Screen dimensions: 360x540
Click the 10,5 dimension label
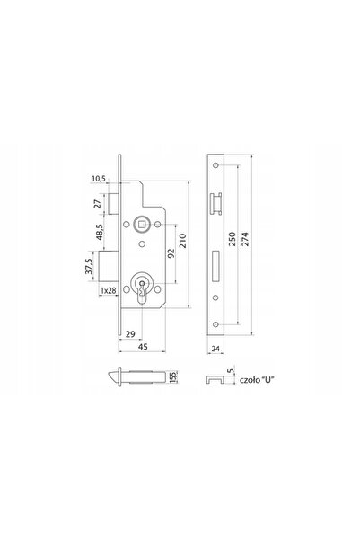[x=99, y=179]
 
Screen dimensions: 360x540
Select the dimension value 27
[x=98, y=204]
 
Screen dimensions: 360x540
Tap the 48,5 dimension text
[x=99, y=232]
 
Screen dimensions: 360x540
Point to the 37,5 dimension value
[x=89, y=266]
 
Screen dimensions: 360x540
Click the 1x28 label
[x=108, y=290]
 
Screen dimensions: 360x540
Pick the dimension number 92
[x=171, y=253]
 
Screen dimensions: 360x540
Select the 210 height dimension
[x=183, y=241]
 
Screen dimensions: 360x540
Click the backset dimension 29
[x=130, y=333]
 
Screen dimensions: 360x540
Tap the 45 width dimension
[x=143, y=347]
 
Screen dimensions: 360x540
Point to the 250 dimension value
[x=233, y=239]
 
